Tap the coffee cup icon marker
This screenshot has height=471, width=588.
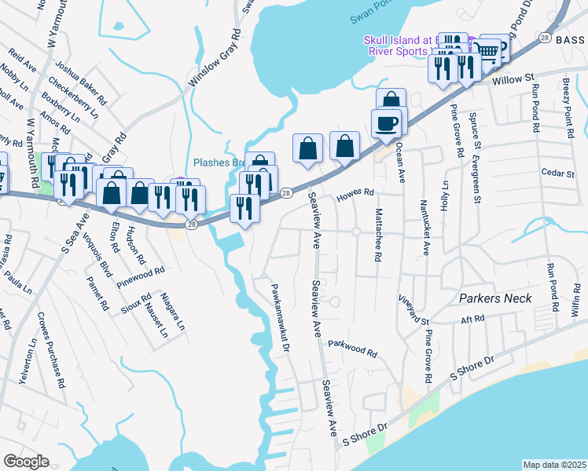point(386,123)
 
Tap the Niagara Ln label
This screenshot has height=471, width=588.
point(175,311)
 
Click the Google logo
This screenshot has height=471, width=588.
point(26,462)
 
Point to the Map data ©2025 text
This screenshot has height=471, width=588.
point(553,465)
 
